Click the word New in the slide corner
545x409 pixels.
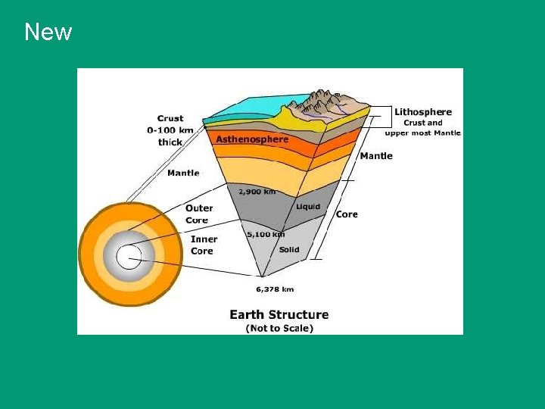click(x=48, y=32)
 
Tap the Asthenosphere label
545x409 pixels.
click(x=252, y=139)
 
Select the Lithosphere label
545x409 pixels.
click(x=422, y=112)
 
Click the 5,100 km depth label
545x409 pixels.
click(x=265, y=234)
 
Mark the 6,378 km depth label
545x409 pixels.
click(x=274, y=289)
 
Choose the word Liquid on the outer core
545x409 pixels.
click(x=308, y=206)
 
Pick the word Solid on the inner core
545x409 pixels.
click(x=289, y=249)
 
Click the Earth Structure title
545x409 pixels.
click(x=279, y=314)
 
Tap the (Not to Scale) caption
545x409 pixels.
click(x=279, y=328)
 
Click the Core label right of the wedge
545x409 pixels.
click(x=347, y=214)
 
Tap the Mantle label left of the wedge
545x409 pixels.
click(x=183, y=173)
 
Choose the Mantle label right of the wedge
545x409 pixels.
click(x=376, y=156)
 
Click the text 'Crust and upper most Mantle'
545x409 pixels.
click(x=422, y=127)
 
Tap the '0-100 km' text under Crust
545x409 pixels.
click(x=170, y=130)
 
